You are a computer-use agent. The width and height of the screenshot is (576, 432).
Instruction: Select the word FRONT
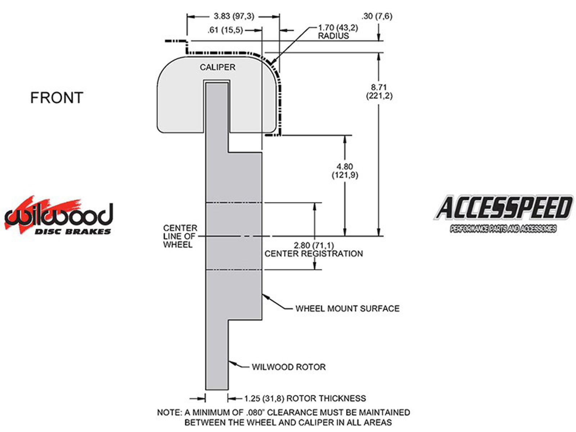57,98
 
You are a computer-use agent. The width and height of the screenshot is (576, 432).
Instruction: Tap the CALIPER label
217,67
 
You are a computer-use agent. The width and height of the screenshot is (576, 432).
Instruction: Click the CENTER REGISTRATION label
314,254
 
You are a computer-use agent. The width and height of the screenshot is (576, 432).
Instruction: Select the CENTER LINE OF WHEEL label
180,237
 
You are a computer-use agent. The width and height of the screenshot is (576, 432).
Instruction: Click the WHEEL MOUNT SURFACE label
347,309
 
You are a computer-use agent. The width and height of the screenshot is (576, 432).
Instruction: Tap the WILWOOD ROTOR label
288,367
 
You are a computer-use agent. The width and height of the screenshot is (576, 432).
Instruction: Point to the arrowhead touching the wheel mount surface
265,296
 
